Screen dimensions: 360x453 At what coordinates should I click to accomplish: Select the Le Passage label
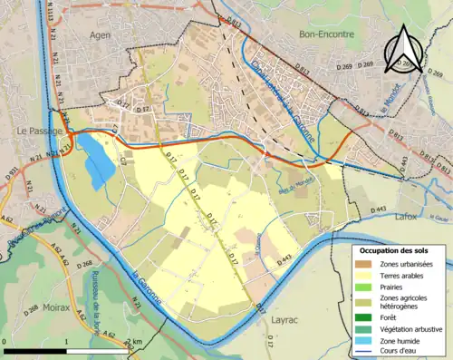37,131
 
